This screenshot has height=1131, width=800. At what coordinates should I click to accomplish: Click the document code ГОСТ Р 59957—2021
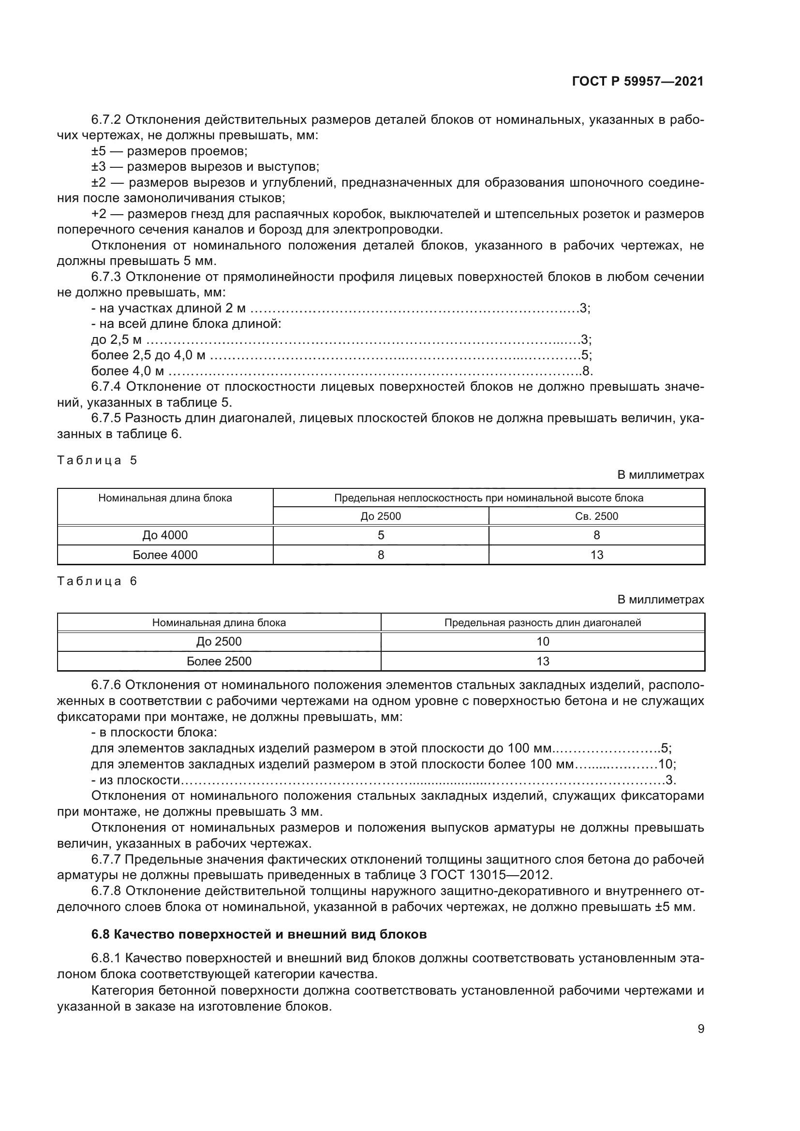pyautogui.click(x=637, y=82)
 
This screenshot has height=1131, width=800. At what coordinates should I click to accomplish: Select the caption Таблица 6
pyautogui.click(x=97, y=581)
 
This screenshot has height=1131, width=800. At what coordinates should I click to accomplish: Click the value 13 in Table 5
pyautogui.click(x=596, y=555)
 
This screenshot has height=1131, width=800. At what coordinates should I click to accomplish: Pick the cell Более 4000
pyautogui.click(x=165, y=555)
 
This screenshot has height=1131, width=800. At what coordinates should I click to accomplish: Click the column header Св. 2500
pyautogui.click(x=596, y=516)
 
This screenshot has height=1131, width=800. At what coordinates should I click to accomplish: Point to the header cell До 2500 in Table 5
pyautogui.click(x=381, y=516)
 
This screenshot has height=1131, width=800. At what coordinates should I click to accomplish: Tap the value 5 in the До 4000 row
pyautogui.click(x=381, y=535)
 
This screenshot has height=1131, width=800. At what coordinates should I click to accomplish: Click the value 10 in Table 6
pyautogui.click(x=542, y=641)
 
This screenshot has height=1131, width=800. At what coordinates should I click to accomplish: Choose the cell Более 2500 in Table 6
pyautogui.click(x=219, y=661)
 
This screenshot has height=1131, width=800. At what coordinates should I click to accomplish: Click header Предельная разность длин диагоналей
pyautogui.click(x=542, y=623)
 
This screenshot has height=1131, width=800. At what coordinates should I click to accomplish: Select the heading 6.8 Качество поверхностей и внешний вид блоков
pyautogui.click(x=259, y=935)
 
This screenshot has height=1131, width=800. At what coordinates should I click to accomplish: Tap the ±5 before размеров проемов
pyautogui.click(x=99, y=151)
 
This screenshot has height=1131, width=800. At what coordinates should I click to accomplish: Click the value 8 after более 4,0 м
pyautogui.click(x=586, y=371)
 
